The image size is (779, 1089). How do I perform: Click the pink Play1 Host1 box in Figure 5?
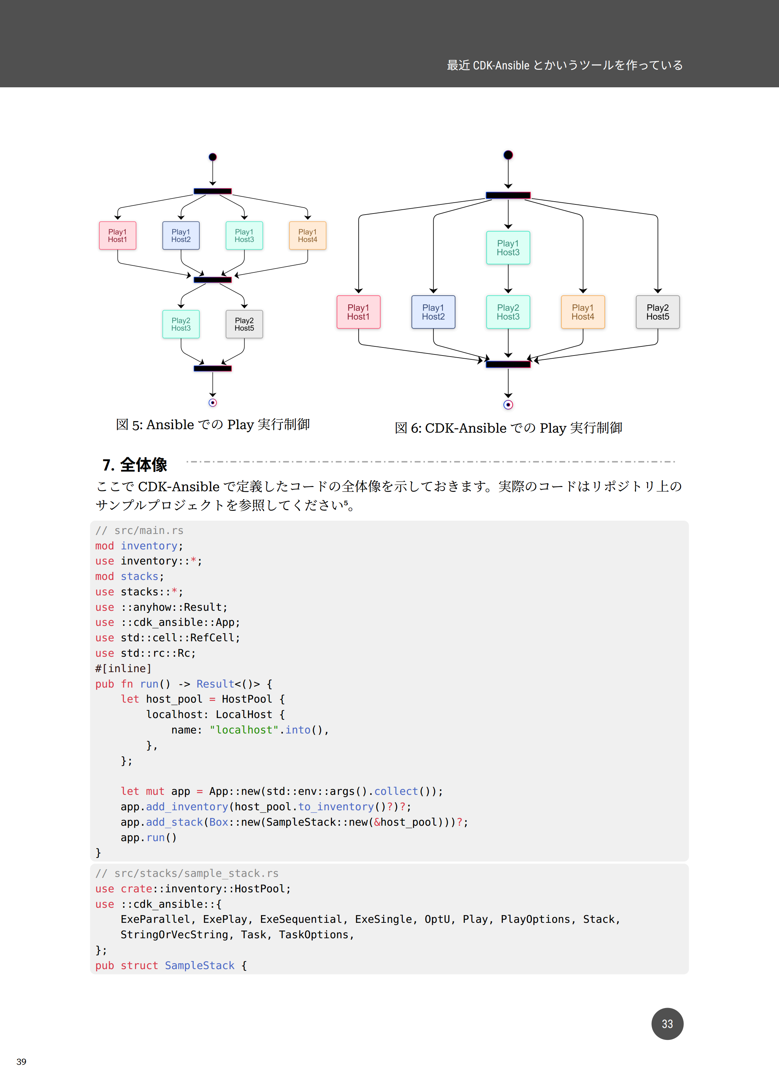(118, 235)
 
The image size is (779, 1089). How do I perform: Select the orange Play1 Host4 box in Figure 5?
(307, 235)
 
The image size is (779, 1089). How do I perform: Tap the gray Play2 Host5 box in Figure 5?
(244, 324)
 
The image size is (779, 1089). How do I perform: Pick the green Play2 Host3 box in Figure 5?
(181, 324)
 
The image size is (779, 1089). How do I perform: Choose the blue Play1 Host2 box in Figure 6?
(433, 312)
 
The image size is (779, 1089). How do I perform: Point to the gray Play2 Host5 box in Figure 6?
(657, 312)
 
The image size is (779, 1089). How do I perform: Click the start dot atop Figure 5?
(213, 157)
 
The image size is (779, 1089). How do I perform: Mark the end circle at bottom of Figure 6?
(508, 405)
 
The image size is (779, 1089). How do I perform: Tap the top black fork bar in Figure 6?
(508, 195)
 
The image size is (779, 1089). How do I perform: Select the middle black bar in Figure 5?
(213, 279)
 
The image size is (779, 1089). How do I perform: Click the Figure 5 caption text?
(213, 425)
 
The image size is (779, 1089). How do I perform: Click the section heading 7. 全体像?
(135, 465)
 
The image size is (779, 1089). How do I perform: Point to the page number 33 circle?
(667, 1024)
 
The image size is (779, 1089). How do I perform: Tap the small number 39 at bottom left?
(21, 1062)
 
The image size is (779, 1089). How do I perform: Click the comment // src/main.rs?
(139, 530)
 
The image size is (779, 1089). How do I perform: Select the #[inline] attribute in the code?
(123, 668)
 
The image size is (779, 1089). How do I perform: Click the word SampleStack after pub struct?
(200, 965)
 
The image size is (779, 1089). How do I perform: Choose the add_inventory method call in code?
(187, 807)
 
